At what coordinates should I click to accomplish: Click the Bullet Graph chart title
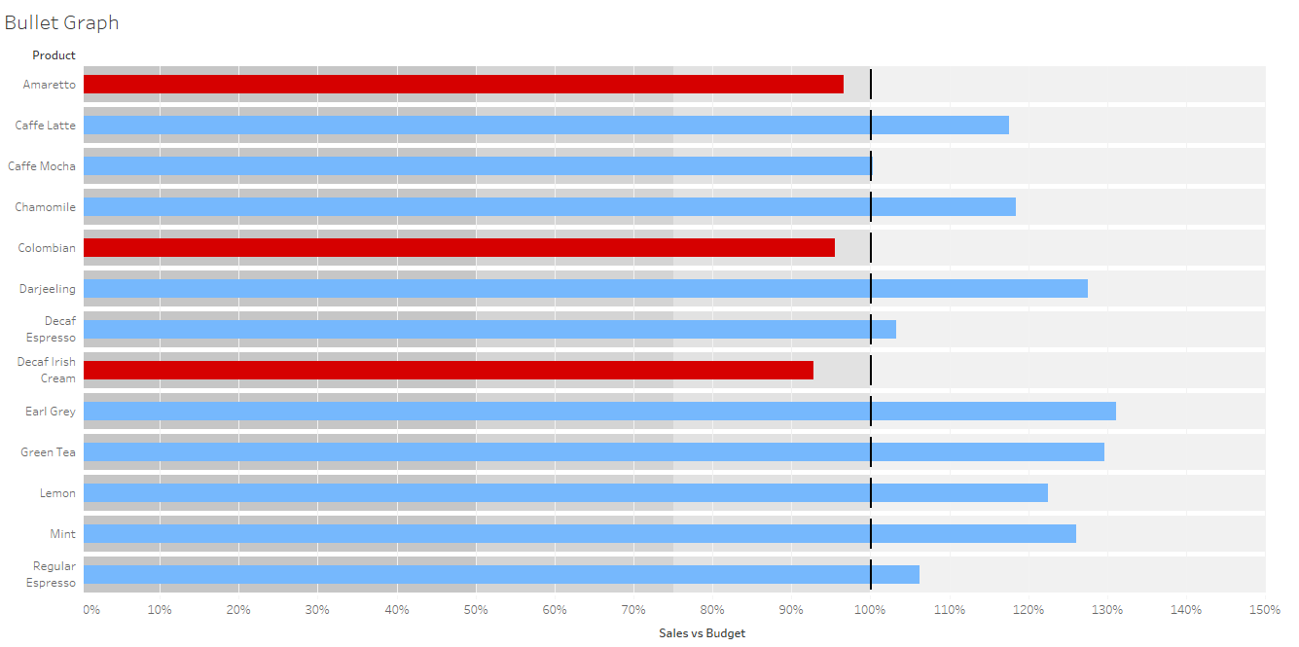[61, 22]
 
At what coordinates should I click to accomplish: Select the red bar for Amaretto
[463, 85]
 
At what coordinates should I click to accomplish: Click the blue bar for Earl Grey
[599, 412]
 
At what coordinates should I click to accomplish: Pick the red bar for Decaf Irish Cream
[448, 371]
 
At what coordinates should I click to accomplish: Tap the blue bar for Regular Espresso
[501, 575]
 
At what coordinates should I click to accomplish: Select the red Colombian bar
[458, 248]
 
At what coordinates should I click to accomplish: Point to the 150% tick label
[1264, 610]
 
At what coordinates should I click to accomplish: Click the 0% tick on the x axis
[90, 610]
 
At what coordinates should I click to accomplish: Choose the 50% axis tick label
[476, 610]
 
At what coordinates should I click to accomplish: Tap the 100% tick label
[870, 610]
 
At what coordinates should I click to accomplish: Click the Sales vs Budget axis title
[702, 633]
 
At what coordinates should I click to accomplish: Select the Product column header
[54, 55]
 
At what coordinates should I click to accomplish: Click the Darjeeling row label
[47, 289]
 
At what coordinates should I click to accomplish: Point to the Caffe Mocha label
[42, 166]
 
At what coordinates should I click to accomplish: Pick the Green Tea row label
[48, 452]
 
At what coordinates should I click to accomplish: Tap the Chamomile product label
[45, 207]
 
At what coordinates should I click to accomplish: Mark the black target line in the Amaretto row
[871, 85]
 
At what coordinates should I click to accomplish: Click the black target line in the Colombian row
[871, 248]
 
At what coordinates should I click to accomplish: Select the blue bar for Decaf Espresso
[489, 330]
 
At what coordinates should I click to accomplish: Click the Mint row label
[62, 534]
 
